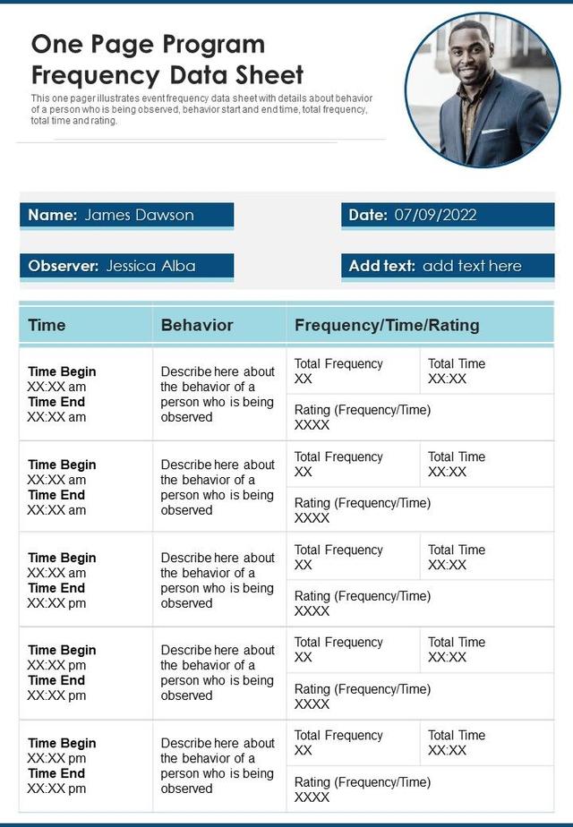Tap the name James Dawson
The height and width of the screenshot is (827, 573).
139,215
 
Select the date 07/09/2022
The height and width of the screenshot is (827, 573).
435,215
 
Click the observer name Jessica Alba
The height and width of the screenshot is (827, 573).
150,266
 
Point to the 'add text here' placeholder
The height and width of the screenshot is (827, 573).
472,266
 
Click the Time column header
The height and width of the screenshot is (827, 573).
47,325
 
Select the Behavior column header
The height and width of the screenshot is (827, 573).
196,325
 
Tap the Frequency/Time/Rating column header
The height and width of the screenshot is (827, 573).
387,325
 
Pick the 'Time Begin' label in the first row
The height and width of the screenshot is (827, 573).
62,371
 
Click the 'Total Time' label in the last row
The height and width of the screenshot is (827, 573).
457,735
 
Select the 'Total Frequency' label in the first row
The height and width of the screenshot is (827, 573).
338,363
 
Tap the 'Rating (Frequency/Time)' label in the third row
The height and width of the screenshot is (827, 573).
363,596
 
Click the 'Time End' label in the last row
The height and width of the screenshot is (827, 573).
56,773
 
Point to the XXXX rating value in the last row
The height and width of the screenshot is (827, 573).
312,797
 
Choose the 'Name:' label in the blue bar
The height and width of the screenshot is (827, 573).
52,215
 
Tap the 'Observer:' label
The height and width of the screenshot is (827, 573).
63,266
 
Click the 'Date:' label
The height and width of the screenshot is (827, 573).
368,215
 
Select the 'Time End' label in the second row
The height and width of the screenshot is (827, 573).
56,495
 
